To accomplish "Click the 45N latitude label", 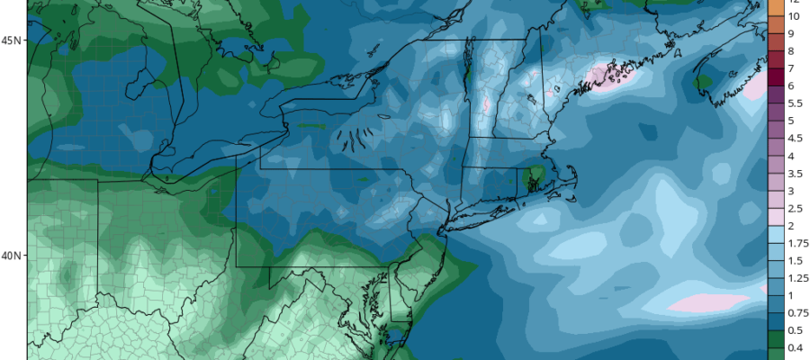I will [12, 40].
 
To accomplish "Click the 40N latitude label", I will [12, 256].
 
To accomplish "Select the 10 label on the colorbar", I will [794, 16].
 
